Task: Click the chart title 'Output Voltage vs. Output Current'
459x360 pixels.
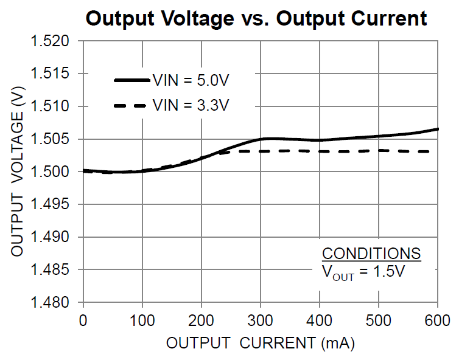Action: [256, 18]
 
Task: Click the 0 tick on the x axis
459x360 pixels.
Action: [83, 320]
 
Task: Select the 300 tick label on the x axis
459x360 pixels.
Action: [261, 320]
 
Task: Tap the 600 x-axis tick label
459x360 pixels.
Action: [437, 320]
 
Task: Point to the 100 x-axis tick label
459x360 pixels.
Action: [142, 320]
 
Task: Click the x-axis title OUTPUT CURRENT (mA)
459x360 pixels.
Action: [261, 344]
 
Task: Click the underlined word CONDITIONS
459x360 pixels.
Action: [371, 254]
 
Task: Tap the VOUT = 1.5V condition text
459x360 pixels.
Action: [363, 272]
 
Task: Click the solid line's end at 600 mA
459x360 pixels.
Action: [438, 129]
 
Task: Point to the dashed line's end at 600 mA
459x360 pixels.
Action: [436, 151]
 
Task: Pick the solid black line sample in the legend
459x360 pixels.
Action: [131, 80]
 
